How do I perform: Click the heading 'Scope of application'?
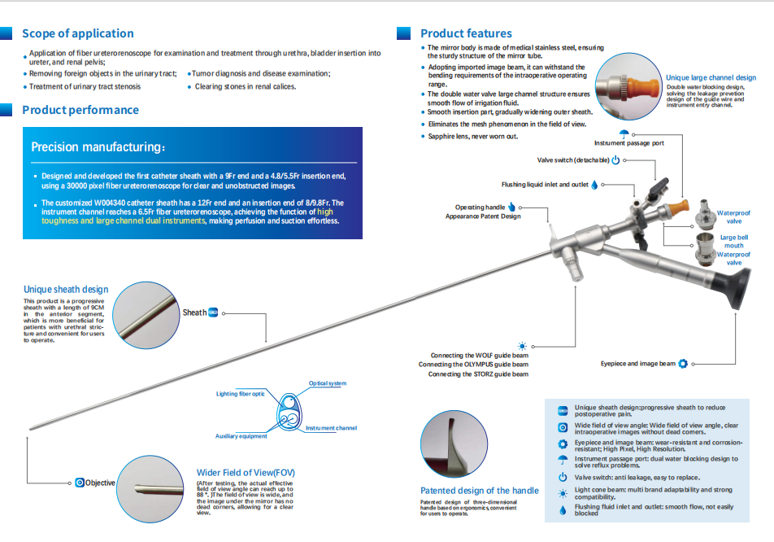pyautogui.click(x=78, y=33)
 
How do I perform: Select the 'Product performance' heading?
pyautogui.click(x=80, y=110)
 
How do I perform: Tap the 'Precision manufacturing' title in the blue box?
pyautogui.click(x=98, y=147)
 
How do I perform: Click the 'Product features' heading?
pyautogui.click(x=466, y=33)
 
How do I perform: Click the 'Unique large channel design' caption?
pyautogui.click(x=711, y=78)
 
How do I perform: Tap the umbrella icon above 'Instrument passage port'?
pyautogui.click(x=624, y=133)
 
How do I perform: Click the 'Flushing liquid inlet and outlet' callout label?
pyautogui.click(x=545, y=185)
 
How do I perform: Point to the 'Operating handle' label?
pyautogui.click(x=480, y=208)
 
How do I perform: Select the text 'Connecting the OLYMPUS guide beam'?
pyautogui.click(x=473, y=365)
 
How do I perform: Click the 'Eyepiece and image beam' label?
pyautogui.click(x=638, y=364)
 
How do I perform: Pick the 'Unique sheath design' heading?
pyautogui.click(x=66, y=289)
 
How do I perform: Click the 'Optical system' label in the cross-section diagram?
pyautogui.click(x=328, y=383)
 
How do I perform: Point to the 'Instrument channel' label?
pyautogui.click(x=331, y=428)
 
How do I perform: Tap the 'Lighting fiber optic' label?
pyautogui.click(x=240, y=394)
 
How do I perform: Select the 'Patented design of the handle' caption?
pyautogui.click(x=479, y=491)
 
